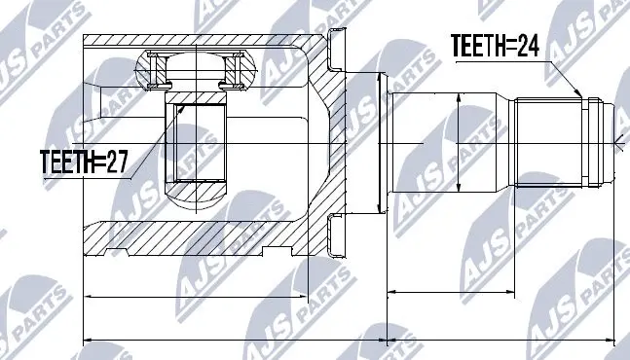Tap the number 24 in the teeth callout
(x=528, y=46)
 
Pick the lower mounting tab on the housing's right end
(x=337, y=234)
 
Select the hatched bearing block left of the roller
(x=152, y=70)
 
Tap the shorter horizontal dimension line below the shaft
(x=453, y=290)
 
